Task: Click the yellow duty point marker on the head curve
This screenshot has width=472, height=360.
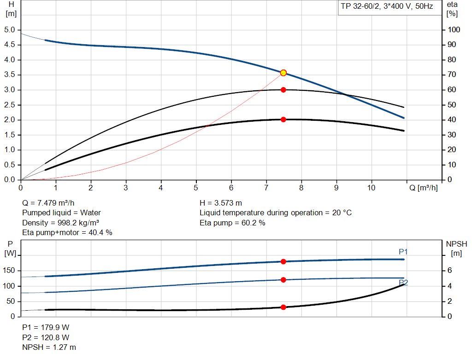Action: [x=283, y=73]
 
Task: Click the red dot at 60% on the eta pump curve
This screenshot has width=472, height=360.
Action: [x=283, y=90]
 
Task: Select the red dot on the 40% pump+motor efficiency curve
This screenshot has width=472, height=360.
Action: [x=283, y=119]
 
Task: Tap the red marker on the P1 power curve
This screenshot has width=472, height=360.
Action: [x=283, y=261]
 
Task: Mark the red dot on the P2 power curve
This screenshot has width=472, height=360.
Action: [x=283, y=280]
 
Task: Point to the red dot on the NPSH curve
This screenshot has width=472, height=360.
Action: [x=283, y=307]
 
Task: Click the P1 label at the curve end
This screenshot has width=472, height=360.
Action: [x=403, y=252]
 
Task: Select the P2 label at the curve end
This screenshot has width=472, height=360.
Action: [x=403, y=283]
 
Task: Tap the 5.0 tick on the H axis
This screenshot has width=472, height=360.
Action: [x=10, y=30]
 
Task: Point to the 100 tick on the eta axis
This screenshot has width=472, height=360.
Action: [x=454, y=30]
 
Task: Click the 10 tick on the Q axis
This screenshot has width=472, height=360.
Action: [x=371, y=188]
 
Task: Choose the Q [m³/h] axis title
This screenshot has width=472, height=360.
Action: [x=423, y=188]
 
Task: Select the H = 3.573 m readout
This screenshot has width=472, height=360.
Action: [x=221, y=202]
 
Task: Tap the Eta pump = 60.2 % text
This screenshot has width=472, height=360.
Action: [x=232, y=223]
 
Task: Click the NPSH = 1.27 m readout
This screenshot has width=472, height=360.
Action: [x=49, y=347]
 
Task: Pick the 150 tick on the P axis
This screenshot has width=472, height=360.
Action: [x=10, y=271]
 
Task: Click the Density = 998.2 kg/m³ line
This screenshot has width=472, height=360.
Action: [x=61, y=223]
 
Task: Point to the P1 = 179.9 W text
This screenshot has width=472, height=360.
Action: [x=46, y=327]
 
